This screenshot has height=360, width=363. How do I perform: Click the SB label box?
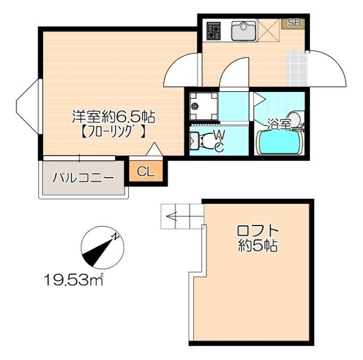point(294,23)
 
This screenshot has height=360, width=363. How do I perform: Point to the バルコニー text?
point(83,178)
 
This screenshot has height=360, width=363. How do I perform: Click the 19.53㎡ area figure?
point(74,279)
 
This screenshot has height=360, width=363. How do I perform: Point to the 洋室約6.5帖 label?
point(113,118)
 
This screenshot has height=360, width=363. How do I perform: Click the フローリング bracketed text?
point(112,133)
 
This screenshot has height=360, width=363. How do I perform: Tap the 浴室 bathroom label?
point(279,122)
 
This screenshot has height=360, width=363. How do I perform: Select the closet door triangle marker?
point(154,150)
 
